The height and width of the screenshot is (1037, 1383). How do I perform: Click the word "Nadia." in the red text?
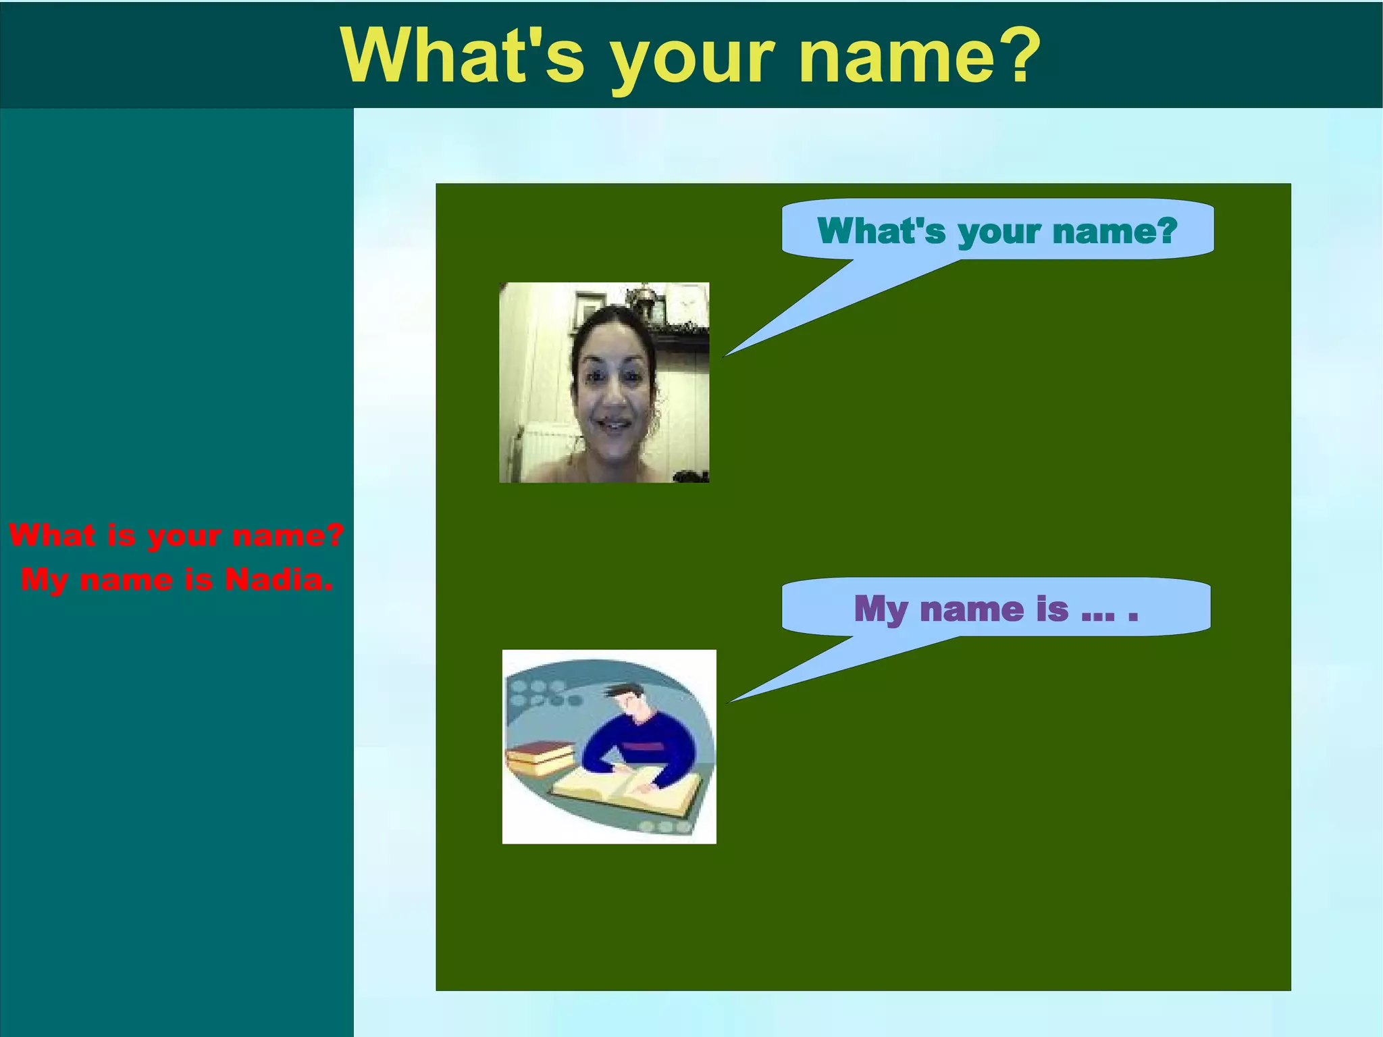[x=279, y=580]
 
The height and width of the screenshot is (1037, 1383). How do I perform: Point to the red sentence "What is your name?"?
[x=177, y=536]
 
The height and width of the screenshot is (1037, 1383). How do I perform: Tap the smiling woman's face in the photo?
[x=613, y=388]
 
